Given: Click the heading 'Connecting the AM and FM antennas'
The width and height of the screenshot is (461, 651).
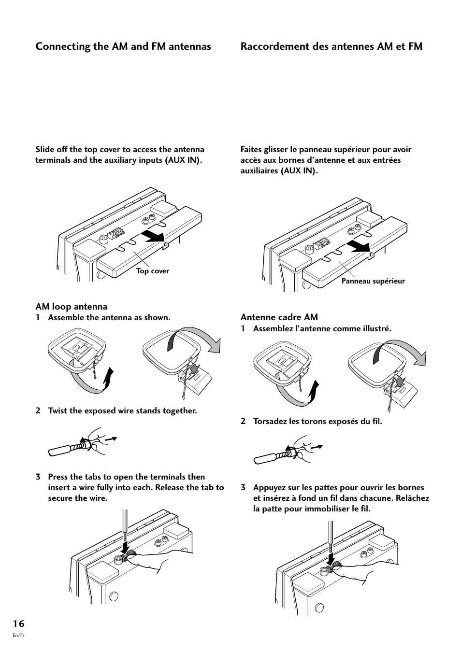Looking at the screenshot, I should [123, 46].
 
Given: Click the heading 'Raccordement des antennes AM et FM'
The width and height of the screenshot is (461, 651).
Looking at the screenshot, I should [331, 46].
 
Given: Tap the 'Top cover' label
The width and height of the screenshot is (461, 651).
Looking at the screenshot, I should [153, 271].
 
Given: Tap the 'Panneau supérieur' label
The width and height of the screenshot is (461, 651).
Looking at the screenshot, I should [373, 281].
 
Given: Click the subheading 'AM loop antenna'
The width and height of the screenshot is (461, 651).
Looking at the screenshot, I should [72, 307].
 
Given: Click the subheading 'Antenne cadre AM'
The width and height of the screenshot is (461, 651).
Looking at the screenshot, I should [279, 317].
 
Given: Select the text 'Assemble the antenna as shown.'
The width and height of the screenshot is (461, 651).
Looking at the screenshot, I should [109, 318].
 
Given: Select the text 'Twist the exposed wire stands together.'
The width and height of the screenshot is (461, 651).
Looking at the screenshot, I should [122, 411].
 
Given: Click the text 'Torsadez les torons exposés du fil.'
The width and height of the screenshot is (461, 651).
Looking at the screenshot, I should [317, 422].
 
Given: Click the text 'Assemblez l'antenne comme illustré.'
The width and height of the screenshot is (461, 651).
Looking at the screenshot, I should [322, 329].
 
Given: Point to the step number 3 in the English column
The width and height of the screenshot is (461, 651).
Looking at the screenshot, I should [38, 477].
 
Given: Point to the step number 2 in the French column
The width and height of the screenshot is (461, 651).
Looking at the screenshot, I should [244, 422].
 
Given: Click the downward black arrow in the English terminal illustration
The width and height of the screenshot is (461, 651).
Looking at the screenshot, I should [125, 548].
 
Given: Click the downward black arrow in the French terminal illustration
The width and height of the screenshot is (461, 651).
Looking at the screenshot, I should [331, 559].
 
